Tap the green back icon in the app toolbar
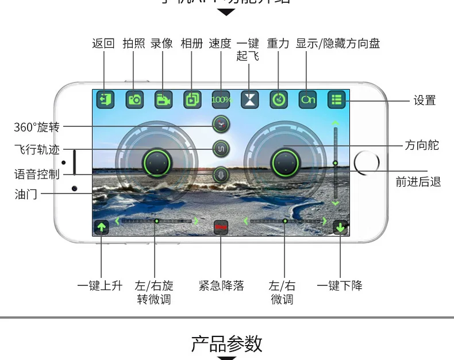click(104, 99)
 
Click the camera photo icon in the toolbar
click(134, 99)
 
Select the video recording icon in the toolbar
click(163, 99)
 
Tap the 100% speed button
click(221, 99)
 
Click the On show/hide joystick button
click(307, 99)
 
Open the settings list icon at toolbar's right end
click(336, 99)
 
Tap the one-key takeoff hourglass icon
click(249, 99)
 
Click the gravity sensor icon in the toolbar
click(278, 99)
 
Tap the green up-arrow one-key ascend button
click(101, 227)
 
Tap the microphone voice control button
click(221, 175)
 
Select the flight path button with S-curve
click(221, 149)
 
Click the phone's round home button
click(366, 164)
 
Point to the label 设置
click(425, 100)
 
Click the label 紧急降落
click(221, 285)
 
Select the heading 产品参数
click(226, 343)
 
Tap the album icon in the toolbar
click(192, 99)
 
